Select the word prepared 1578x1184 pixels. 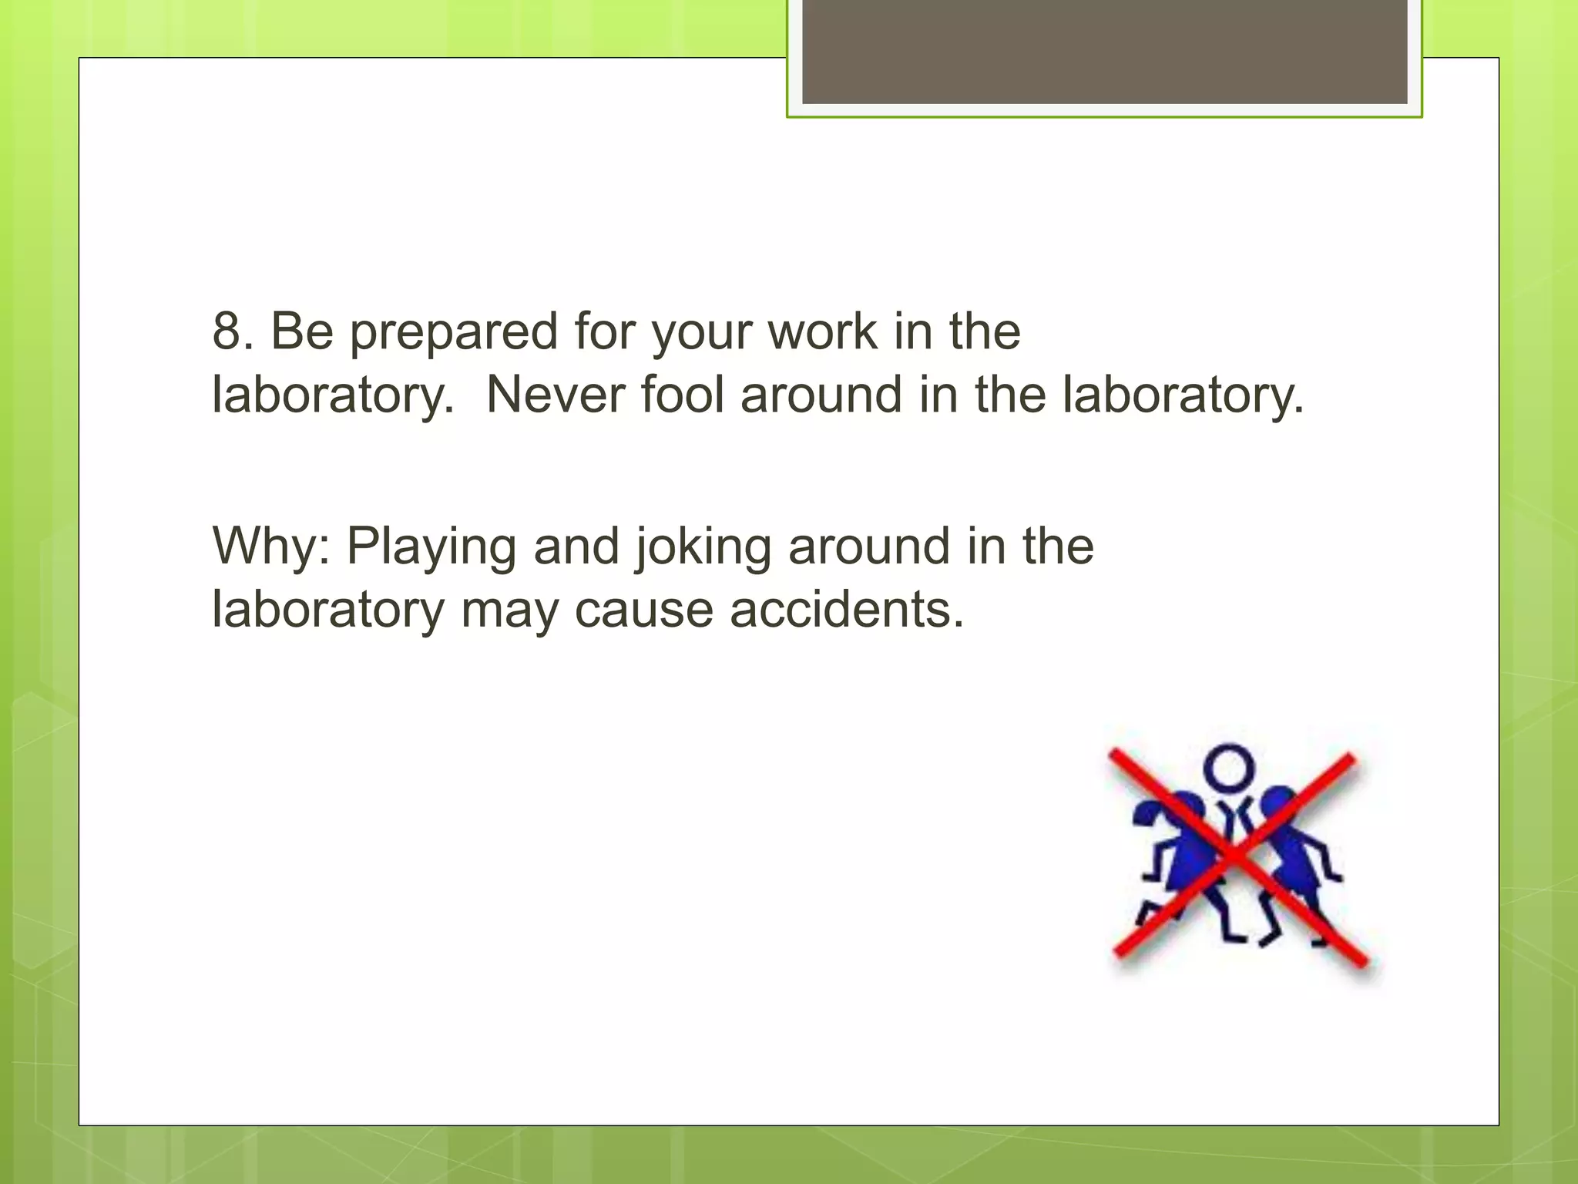tap(453, 333)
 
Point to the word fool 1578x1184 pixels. tap(683, 395)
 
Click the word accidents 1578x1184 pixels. tap(847, 610)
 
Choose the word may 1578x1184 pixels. tap(509, 613)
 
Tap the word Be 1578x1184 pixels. tap(302, 331)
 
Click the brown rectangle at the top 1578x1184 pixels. tap(1104, 51)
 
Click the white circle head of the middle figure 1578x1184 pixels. tap(1229, 768)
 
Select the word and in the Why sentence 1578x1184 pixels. tap(576, 547)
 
